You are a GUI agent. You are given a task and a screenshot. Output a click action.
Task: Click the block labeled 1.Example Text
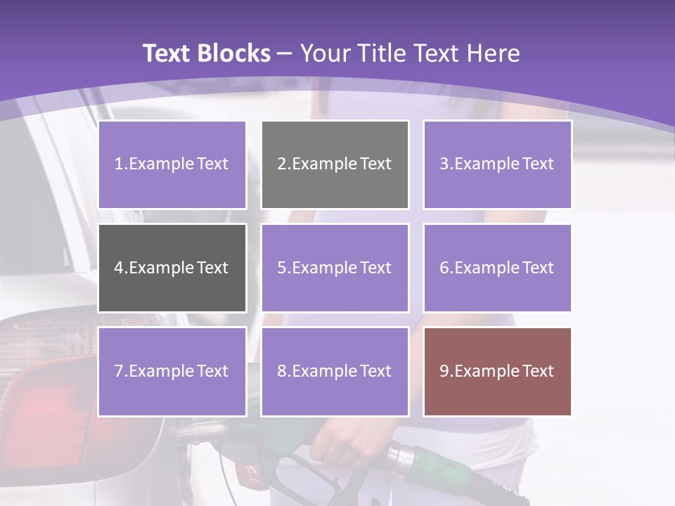pyautogui.click(x=172, y=164)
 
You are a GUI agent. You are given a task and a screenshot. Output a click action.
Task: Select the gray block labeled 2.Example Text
pyautogui.click(x=335, y=164)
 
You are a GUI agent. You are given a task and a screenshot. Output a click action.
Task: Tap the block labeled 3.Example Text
pyautogui.click(x=497, y=164)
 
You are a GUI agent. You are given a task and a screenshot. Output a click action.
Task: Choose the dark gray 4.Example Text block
pyautogui.click(x=172, y=268)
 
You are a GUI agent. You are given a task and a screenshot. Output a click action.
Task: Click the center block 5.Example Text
pyautogui.click(x=335, y=268)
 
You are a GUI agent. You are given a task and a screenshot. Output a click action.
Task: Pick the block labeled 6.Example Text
pyautogui.click(x=497, y=268)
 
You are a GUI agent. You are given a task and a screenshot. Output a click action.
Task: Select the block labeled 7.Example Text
pyautogui.click(x=172, y=371)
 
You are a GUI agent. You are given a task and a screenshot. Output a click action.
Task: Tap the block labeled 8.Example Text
pyautogui.click(x=335, y=371)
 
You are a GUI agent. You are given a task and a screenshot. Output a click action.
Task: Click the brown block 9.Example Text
pyautogui.click(x=497, y=371)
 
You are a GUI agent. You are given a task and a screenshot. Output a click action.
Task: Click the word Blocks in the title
pyautogui.click(x=233, y=53)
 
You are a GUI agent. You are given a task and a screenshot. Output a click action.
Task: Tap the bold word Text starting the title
pyautogui.click(x=167, y=53)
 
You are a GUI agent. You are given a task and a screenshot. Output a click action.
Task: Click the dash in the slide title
pyautogui.click(x=285, y=53)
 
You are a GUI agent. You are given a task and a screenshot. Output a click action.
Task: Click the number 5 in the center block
pyautogui.click(x=281, y=268)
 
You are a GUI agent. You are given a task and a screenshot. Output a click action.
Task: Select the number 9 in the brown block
pyautogui.click(x=444, y=371)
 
